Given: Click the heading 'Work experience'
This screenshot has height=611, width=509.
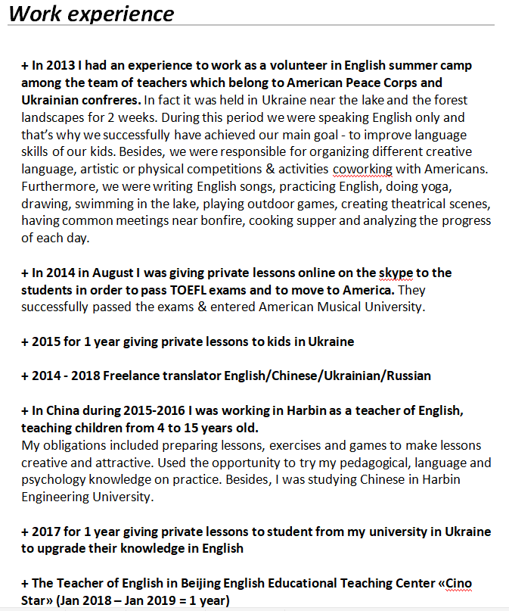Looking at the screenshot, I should pos(92,14).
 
